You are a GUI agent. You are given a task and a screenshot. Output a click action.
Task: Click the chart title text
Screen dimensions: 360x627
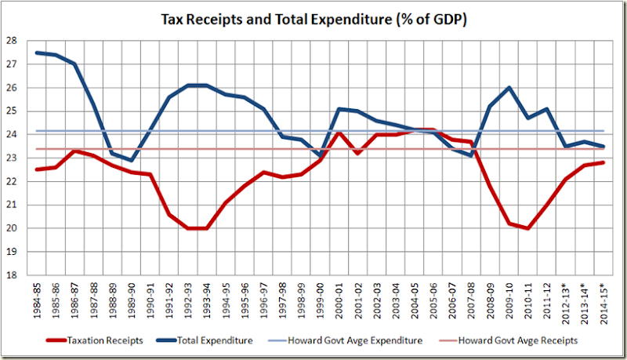[x=313, y=18]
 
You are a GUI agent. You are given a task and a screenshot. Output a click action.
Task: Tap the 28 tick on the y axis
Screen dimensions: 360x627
[x=14, y=41]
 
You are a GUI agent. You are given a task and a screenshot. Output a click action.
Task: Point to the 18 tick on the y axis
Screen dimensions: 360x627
[x=14, y=275]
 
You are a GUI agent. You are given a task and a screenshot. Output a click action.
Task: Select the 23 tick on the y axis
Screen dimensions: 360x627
[x=14, y=158]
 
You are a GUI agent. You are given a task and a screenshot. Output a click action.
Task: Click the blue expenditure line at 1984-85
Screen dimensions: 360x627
[x=38, y=53]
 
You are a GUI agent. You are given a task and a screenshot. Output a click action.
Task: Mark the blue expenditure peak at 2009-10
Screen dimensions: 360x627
[x=509, y=88]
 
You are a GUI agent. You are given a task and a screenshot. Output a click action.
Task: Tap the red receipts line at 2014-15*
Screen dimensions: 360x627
[x=603, y=162]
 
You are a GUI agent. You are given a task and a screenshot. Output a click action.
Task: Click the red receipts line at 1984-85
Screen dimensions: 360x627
[x=38, y=169]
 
